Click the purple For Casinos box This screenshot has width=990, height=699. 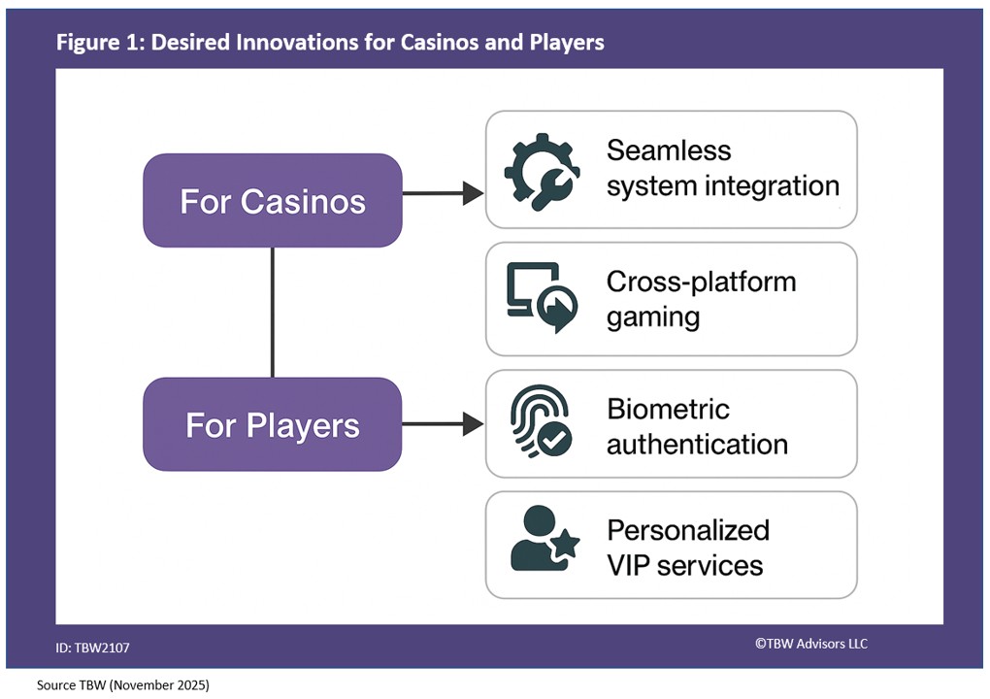tap(272, 200)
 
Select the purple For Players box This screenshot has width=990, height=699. tap(272, 424)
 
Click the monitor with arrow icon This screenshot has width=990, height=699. tap(541, 297)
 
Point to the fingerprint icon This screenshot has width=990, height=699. tap(541, 424)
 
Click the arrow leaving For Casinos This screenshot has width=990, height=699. tap(443, 193)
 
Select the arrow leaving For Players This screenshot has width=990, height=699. tap(443, 423)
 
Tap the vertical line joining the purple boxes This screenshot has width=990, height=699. tap(272, 312)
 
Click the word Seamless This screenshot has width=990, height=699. tap(669, 150)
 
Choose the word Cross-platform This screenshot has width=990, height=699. tap(701, 282)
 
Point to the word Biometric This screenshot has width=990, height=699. tap(668, 409)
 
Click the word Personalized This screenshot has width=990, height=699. tap(687, 530)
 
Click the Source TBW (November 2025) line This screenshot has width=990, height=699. tap(123, 685)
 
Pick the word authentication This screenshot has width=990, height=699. tap(697, 445)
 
